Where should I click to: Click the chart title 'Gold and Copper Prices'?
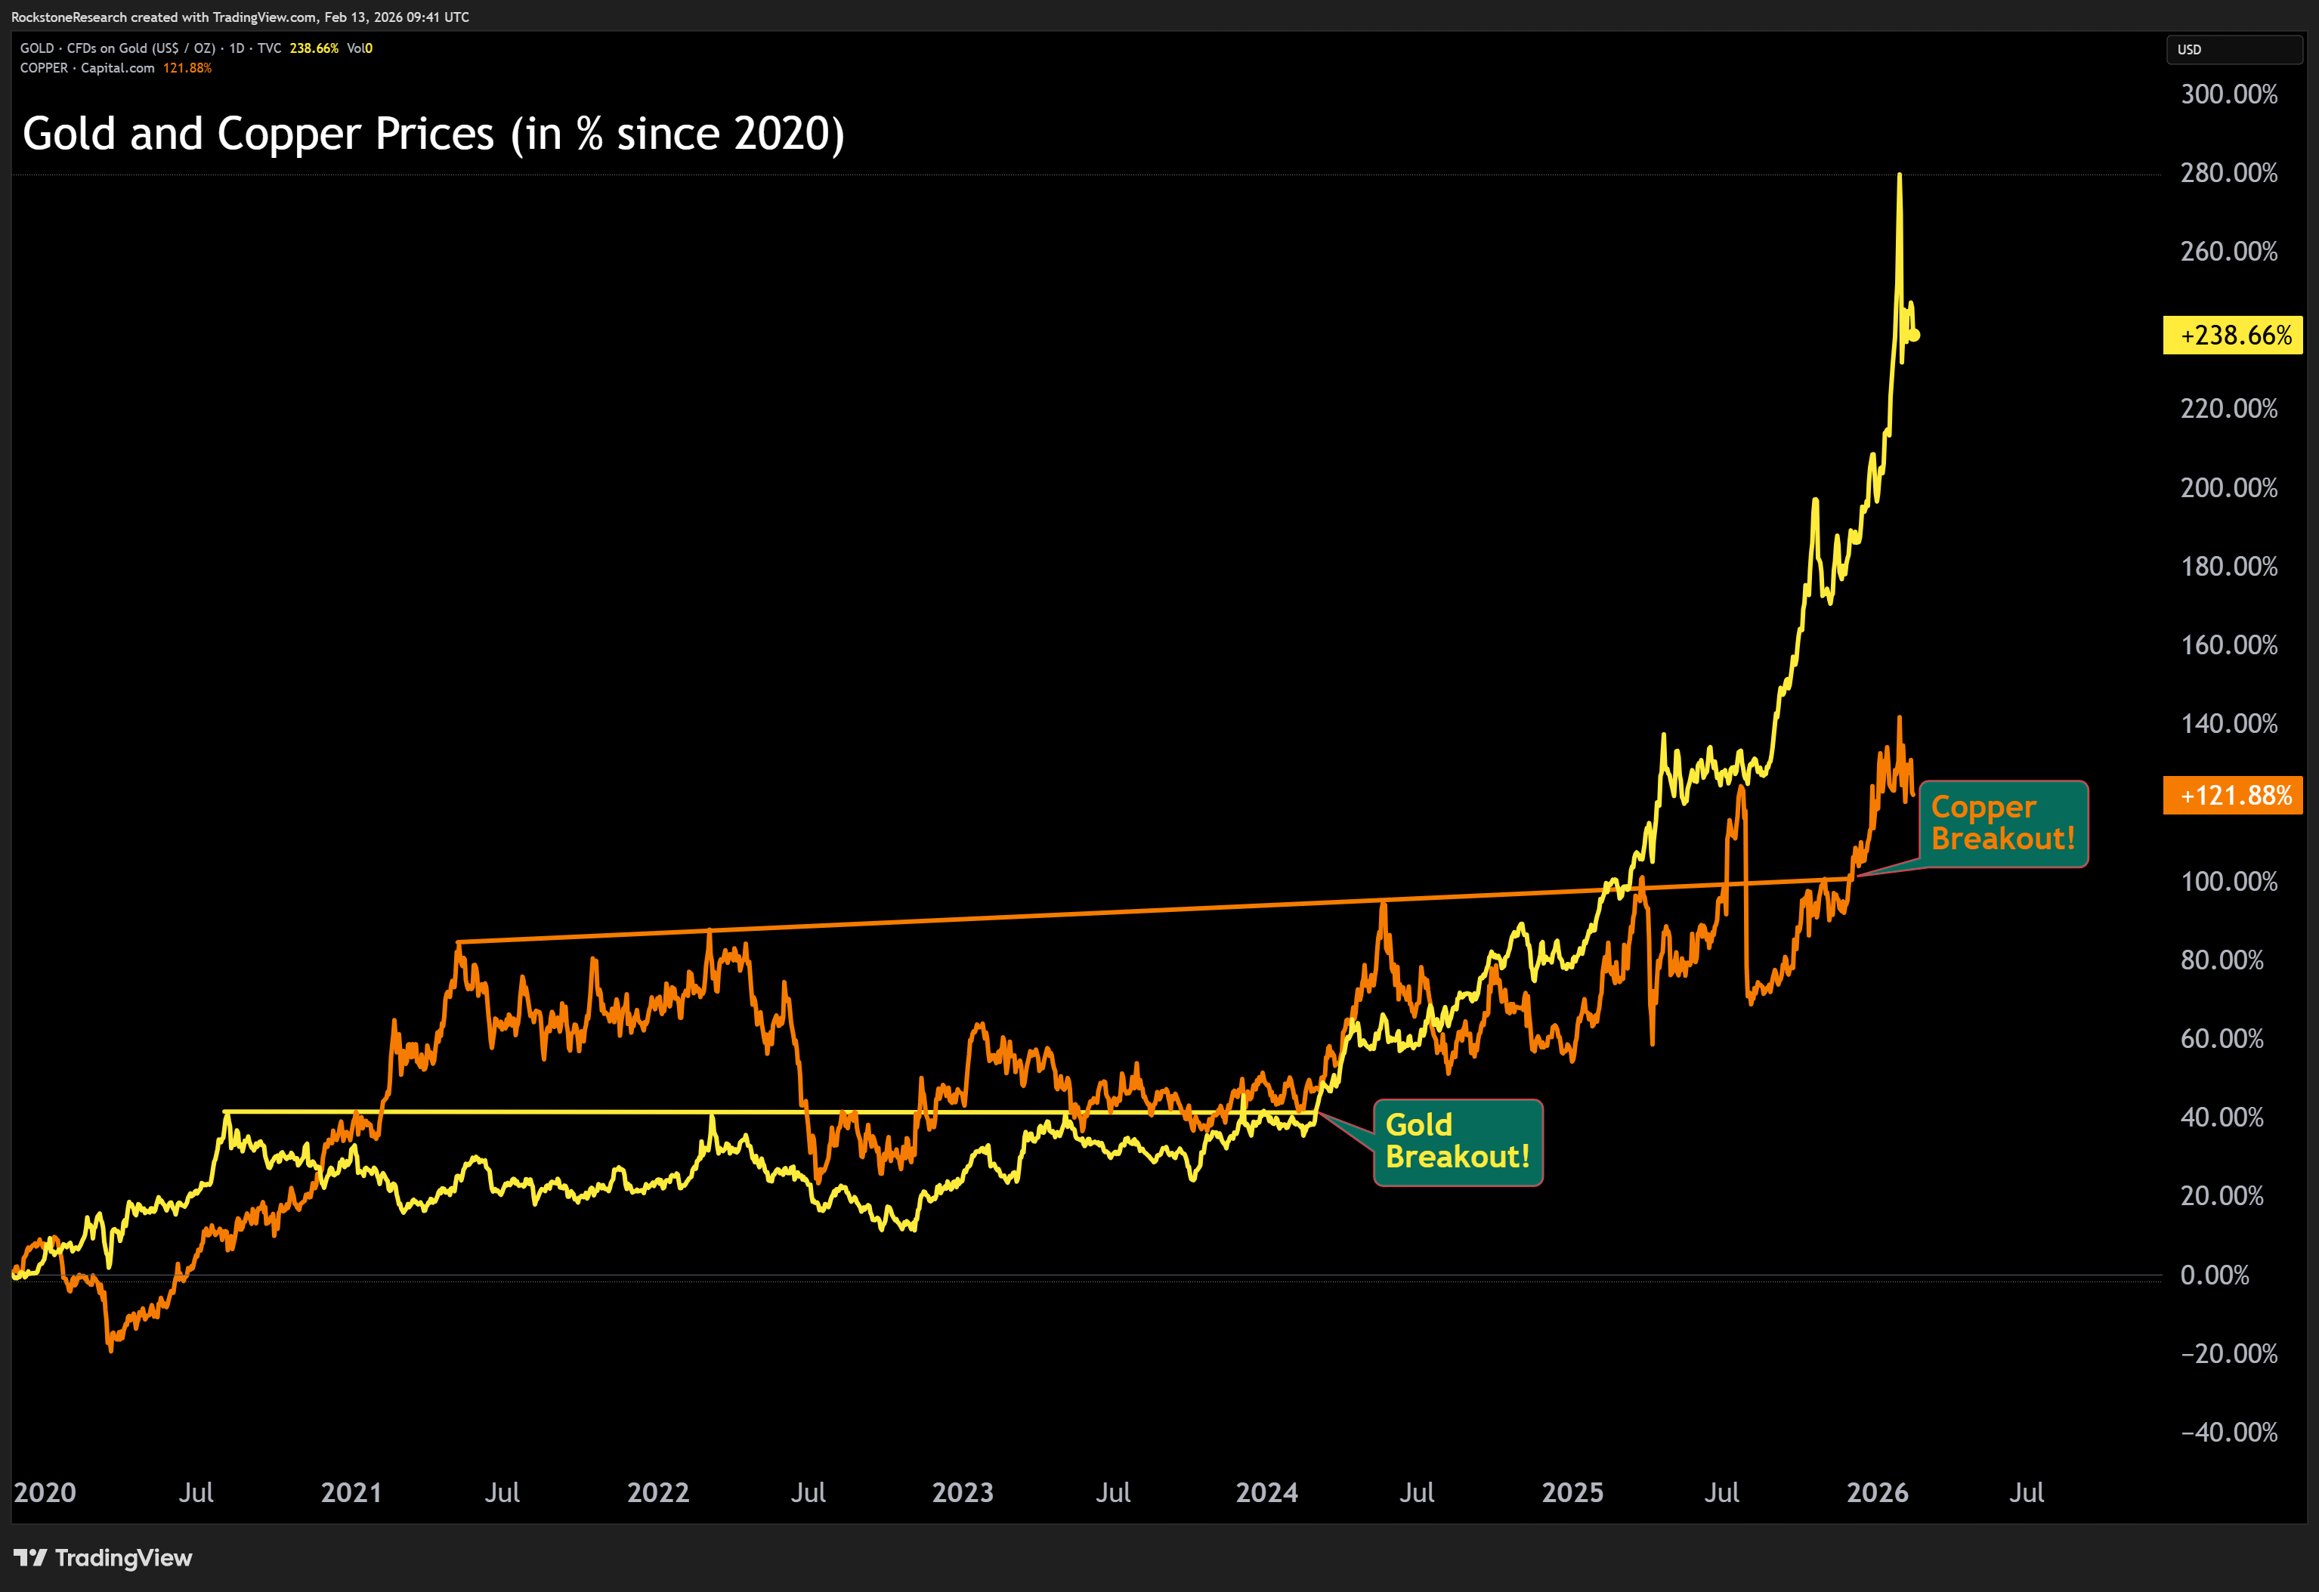pyautogui.click(x=433, y=134)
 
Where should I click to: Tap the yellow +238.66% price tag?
pyautogui.click(x=2232, y=335)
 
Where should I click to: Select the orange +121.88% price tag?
pyautogui.click(x=2232, y=795)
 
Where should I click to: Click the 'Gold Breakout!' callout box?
pyautogui.click(x=1458, y=1142)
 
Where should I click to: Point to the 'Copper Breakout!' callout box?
pyautogui.click(x=2002, y=823)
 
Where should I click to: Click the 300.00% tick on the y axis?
pyautogui.click(x=2228, y=94)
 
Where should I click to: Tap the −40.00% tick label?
pyautogui.click(x=2228, y=1433)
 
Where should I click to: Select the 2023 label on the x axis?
pyautogui.click(x=962, y=1492)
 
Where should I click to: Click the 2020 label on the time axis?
pyautogui.click(x=45, y=1492)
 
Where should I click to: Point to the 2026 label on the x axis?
pyautogui.click(x=1877, y=1492)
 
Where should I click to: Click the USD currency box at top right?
pyautogui.click(x=2233, y=49)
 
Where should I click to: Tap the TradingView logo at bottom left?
pyautogui.click(x=103, y=1557)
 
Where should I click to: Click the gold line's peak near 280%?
pyautogui.click(x=1899, y=175)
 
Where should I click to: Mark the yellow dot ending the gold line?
pyautogui.click(x=1914, y=335)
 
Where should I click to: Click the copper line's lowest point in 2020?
pyautogui.click(x=110, y=1349)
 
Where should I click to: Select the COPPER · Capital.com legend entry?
pyautogui.click(x=88, y=68)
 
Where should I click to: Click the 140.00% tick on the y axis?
pyautogui.click(x=2228, y=723)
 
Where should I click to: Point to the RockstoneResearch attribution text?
pyautogui.click(x=240, y=17)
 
